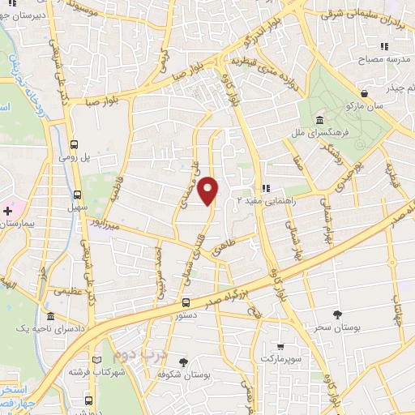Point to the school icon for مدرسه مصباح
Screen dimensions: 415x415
(369, 48)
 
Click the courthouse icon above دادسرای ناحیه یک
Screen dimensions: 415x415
(50, 316)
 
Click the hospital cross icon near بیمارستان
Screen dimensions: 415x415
(7, 211)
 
